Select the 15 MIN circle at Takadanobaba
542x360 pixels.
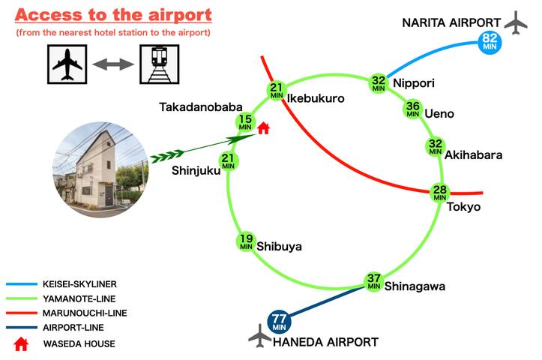pos(245,123)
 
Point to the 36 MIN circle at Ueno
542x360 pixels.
pos(413,109)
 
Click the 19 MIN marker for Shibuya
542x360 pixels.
pos(246,241)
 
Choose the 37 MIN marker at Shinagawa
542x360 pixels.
pos(373,281)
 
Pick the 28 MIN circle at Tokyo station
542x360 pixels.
pos(440,193)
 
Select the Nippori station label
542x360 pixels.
pos(414,83)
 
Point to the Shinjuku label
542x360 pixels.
pos(196,170)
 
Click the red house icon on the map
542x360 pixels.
pos(263,127)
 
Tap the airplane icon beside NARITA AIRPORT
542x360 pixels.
pos(516,22)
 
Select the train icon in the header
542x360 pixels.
pos(159,65)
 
